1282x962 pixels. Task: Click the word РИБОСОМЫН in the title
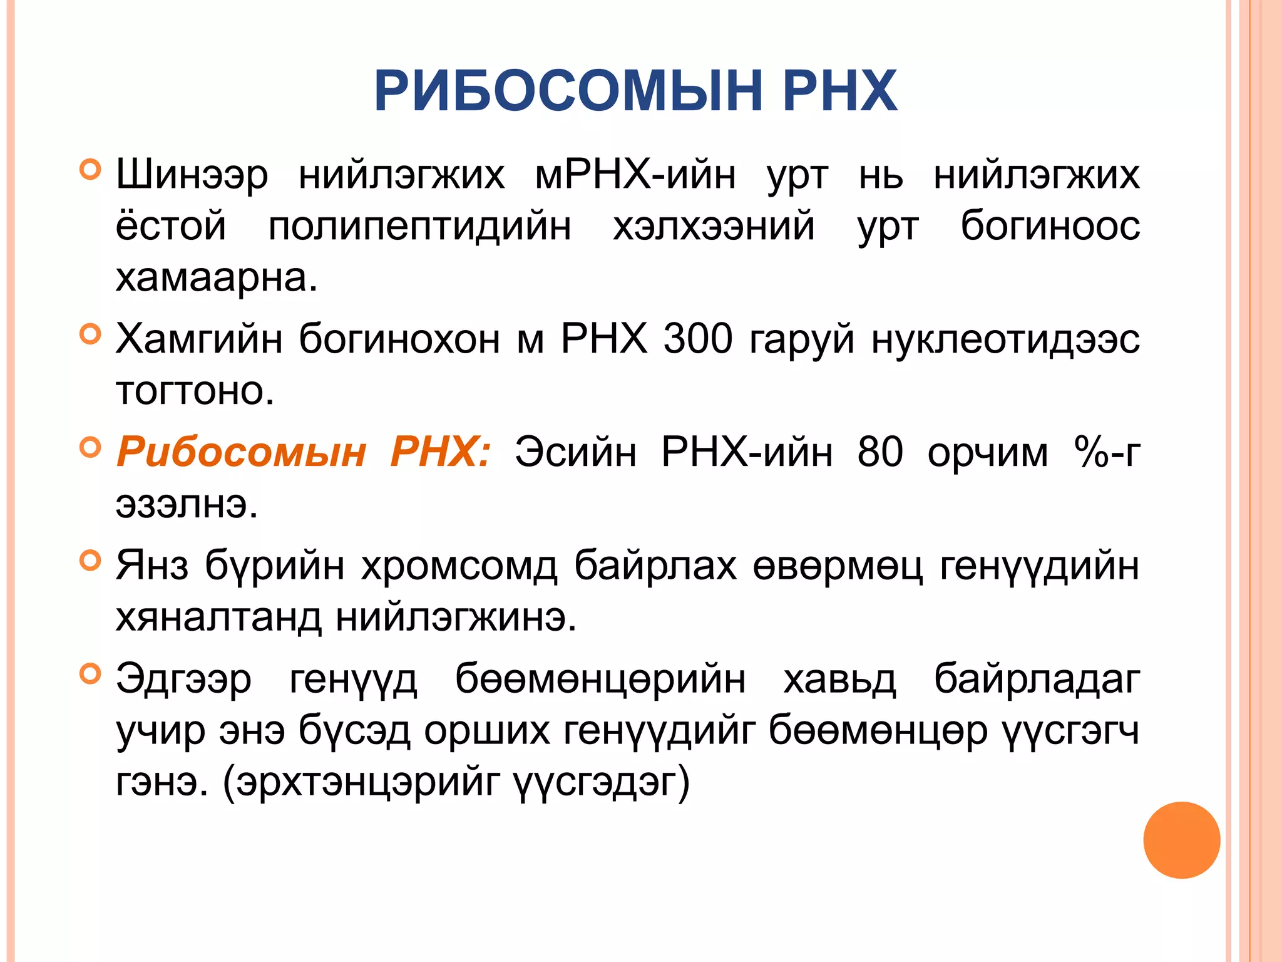tap(567, 91)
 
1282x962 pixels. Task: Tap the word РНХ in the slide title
tap(840, 91)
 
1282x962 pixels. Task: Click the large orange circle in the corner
tap(1181, 840)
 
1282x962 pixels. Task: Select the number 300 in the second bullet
tap(697, 339)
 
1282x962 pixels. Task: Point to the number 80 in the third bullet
tap(880, 452)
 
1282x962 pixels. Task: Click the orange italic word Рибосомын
tap(242, 452)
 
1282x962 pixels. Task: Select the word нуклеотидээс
tap(1005, 339)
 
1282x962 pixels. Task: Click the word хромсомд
tap(459, 566)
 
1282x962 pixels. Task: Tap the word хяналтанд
tap(218, 618)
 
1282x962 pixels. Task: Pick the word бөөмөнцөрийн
tap(600, 679)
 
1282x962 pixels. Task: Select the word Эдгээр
tap(184, 679)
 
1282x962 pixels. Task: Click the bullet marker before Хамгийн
tap(91, 334)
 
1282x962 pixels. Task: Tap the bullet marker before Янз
tap(91, 561)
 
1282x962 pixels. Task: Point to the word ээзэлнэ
tap(187, 504)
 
